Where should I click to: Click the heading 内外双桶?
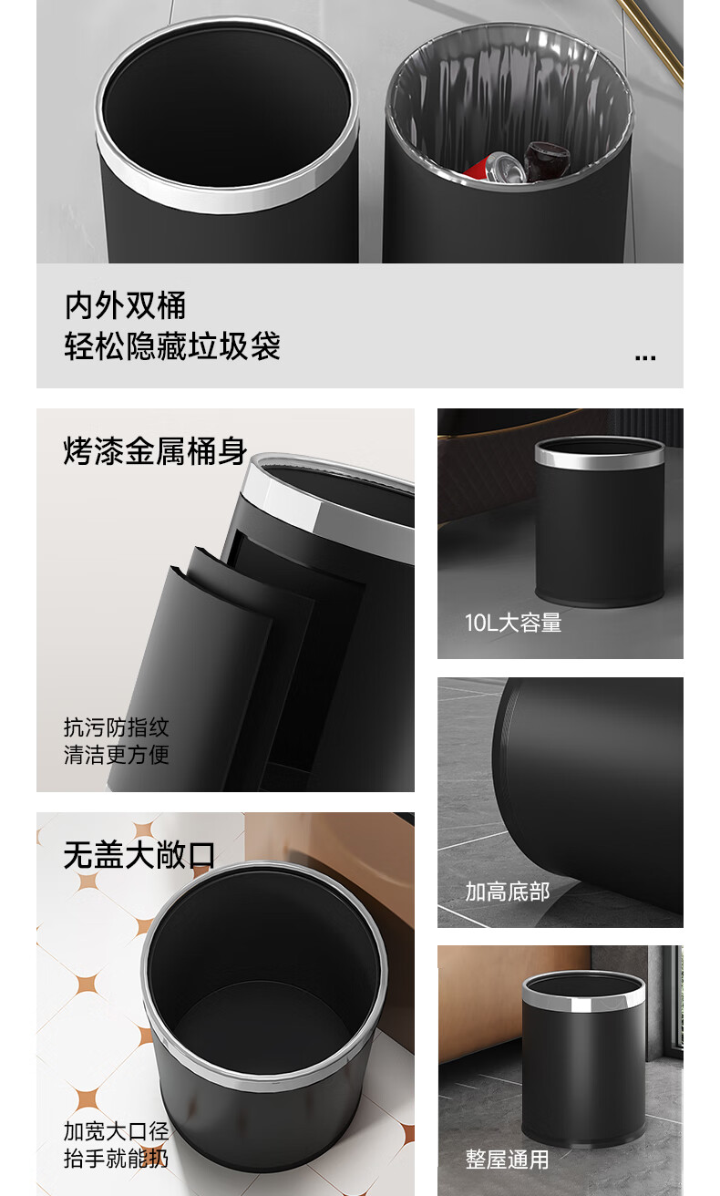coord(126,305)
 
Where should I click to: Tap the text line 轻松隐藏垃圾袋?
coord(172,346)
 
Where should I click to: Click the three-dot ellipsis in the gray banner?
coord(645,357)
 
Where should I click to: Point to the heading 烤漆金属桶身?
coord(155,451)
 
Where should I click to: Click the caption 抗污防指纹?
coord(117,727)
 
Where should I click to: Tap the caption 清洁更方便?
coord(117,755)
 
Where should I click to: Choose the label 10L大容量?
coord(513,623)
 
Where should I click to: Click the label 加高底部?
coord(507,892)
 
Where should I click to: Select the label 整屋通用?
coord(507,1160)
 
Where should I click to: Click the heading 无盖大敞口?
coord(139,855)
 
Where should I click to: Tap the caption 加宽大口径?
coord(117,1131)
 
